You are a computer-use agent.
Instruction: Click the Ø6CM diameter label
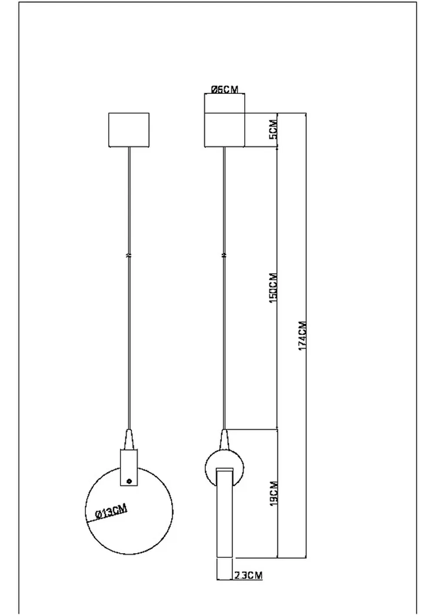click(224, 90)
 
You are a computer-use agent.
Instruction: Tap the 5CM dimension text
click(273, 130)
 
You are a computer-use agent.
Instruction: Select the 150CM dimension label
click(273, 288)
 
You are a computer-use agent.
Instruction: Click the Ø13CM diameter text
click(111, 511)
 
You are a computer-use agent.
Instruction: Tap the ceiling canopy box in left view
click(128, 130)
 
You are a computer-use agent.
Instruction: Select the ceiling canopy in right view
click(224, 130)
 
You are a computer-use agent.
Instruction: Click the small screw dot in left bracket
click(129, 481)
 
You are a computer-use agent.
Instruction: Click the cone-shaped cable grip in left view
click(129, 440)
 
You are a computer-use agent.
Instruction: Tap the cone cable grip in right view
click(224, 440)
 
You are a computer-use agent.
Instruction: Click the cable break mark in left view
click(129, 255)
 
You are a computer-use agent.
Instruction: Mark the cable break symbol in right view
click(224, 255)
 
